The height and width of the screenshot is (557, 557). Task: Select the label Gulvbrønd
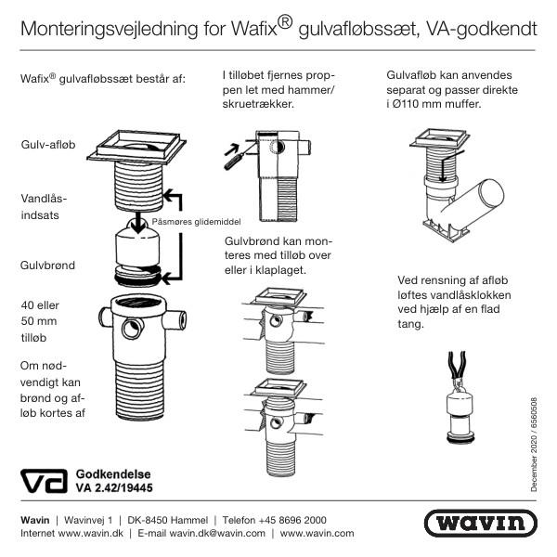pyautogui.click(x=47, y=265)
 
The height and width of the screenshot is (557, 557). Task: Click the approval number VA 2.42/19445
pyautogui.click(x=114, y=487)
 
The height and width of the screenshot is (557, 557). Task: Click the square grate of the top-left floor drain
pyautogui.click(x=136, y=144)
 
